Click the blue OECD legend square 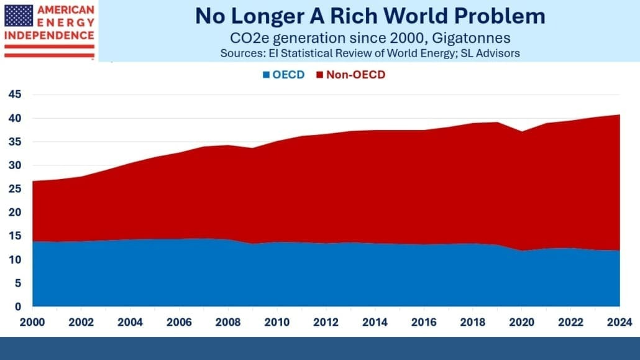click(267, 75)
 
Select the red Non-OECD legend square click(321, 75)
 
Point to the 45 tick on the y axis click(14, 95)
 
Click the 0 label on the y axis click(18, 307)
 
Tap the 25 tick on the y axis click(14, 189)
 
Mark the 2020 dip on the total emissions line click(522, 132)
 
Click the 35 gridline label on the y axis click(14, 142)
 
